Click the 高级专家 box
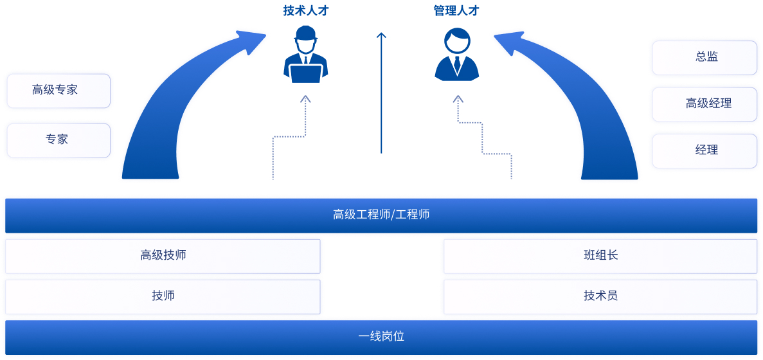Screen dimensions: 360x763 (58, 91)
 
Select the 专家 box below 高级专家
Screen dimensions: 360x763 (58, 140)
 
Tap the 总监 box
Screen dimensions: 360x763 (705, 58)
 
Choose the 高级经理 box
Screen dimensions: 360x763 (705, 104)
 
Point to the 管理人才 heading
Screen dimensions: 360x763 (456, 10)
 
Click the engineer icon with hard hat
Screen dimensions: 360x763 (306, 55)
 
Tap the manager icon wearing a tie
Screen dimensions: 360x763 (456, 55)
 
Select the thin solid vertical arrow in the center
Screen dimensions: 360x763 (381, 93)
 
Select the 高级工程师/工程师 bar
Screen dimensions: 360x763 (381, 215)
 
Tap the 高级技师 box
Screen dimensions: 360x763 (163, 256)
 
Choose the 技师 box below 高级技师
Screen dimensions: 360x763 (163, 296)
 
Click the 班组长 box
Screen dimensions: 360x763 (600, 256)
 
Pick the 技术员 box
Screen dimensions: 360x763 (600, 296)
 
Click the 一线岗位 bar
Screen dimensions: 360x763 (381, 336)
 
